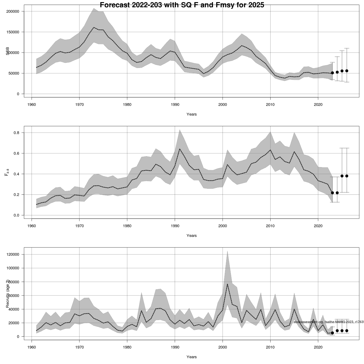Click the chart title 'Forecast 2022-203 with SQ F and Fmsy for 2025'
[x=182, y=5]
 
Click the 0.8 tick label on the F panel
[x=16, y=133]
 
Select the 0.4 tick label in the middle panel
[x=16, y=174]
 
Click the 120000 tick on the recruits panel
[x=13, y=254]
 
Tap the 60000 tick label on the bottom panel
[x=14, y=295]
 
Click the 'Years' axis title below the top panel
[x=191, y=114]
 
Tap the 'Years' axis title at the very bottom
[x=191, y=357]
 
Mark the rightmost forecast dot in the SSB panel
[x=347, y=71]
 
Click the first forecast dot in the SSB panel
[x=332, y=73]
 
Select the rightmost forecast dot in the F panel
[x=347, y=176]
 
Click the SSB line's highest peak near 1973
[x=94, y=28]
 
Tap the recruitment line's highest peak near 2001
[x=227, y=284]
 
